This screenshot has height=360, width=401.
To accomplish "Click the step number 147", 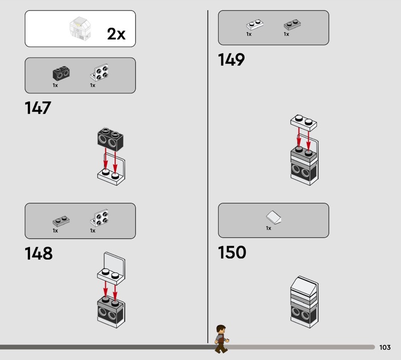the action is tap(38, 108).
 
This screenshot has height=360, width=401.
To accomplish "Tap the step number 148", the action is tap(39, 253).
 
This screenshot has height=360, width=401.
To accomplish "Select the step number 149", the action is tap(231, 60).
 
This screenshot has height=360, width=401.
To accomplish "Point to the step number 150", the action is tap(232, 252).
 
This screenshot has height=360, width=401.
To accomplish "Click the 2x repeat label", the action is tap(116, 34).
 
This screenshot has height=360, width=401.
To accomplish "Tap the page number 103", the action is tap(385, 347).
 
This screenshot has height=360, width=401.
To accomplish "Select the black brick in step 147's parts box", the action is tap(61, 73).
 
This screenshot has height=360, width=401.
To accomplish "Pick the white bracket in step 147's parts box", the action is tap(99, 72).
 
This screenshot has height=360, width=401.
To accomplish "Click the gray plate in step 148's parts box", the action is tap(61, 221).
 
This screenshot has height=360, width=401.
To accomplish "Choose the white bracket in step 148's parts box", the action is tap(99, 218).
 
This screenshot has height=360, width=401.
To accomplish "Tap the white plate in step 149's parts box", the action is tap(255, 25).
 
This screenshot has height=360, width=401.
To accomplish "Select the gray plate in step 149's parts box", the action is tap(292, 25).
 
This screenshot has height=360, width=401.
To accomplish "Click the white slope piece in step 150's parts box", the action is tap(274, 218).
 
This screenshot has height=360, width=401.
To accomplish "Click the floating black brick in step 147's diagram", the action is tap(110, 139).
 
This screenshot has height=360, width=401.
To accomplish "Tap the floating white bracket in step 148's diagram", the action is tap(111, 268).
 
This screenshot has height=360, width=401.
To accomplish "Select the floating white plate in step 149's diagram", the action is tap(304, 123).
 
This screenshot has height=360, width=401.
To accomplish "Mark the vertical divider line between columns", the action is tap(208, 176).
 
